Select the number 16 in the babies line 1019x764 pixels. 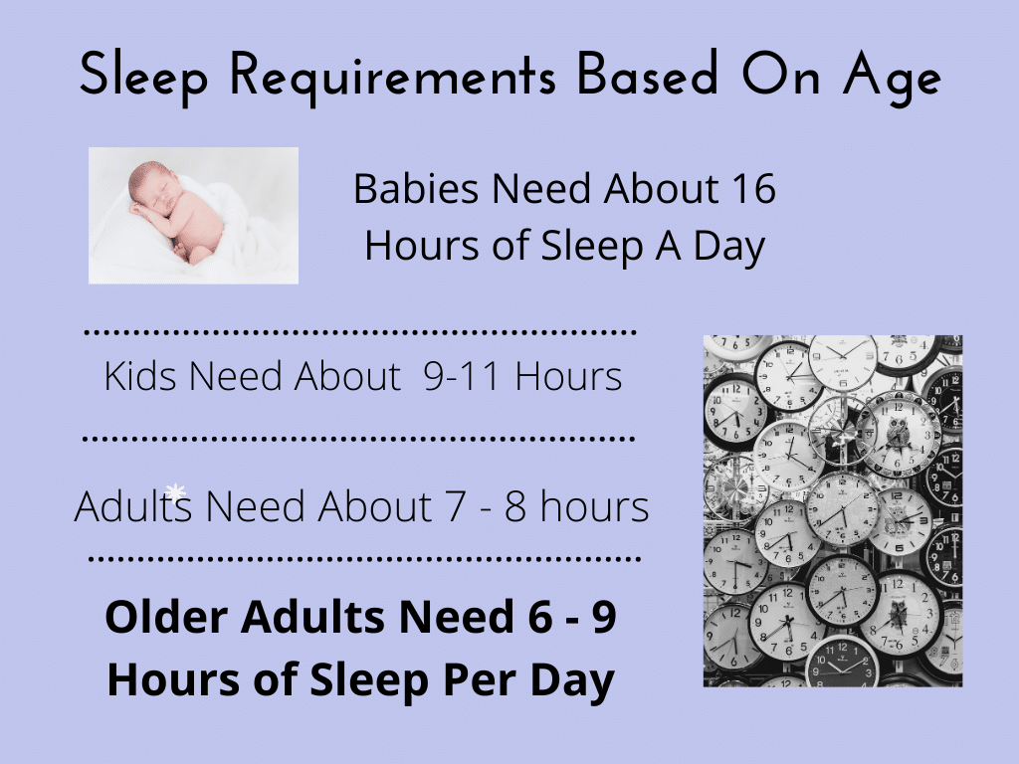[752, 189]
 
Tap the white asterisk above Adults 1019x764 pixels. [176, 491]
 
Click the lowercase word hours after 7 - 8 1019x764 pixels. [593, 507]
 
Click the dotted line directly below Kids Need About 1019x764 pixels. [358, 438]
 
